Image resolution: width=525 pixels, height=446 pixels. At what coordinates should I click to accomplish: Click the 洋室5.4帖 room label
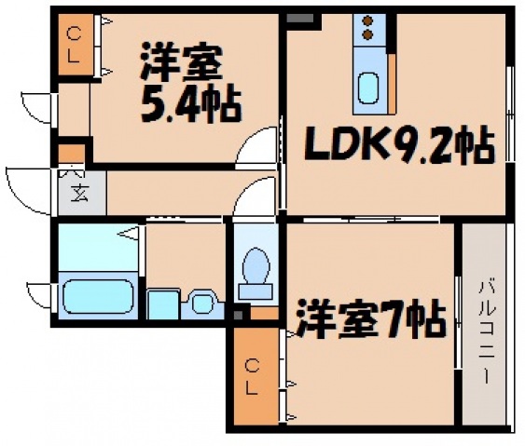[182, 84]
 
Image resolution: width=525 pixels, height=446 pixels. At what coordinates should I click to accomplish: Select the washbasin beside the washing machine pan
[200, 303]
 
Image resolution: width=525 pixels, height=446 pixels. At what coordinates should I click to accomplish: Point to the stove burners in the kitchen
[367, 29]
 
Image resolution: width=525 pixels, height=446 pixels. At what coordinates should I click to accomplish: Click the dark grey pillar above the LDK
[300, 19]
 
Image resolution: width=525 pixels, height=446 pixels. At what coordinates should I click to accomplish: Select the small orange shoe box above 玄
[70, 152]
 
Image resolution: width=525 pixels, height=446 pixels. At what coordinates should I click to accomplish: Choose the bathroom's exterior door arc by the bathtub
[39, 296]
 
